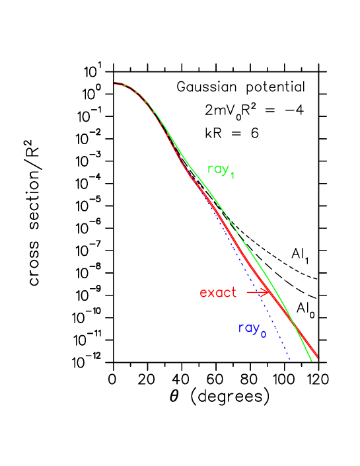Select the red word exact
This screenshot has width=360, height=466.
tap(218, 292)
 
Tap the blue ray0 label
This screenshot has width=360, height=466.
tap(252, 329)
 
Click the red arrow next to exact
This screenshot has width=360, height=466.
tap(258, 291)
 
